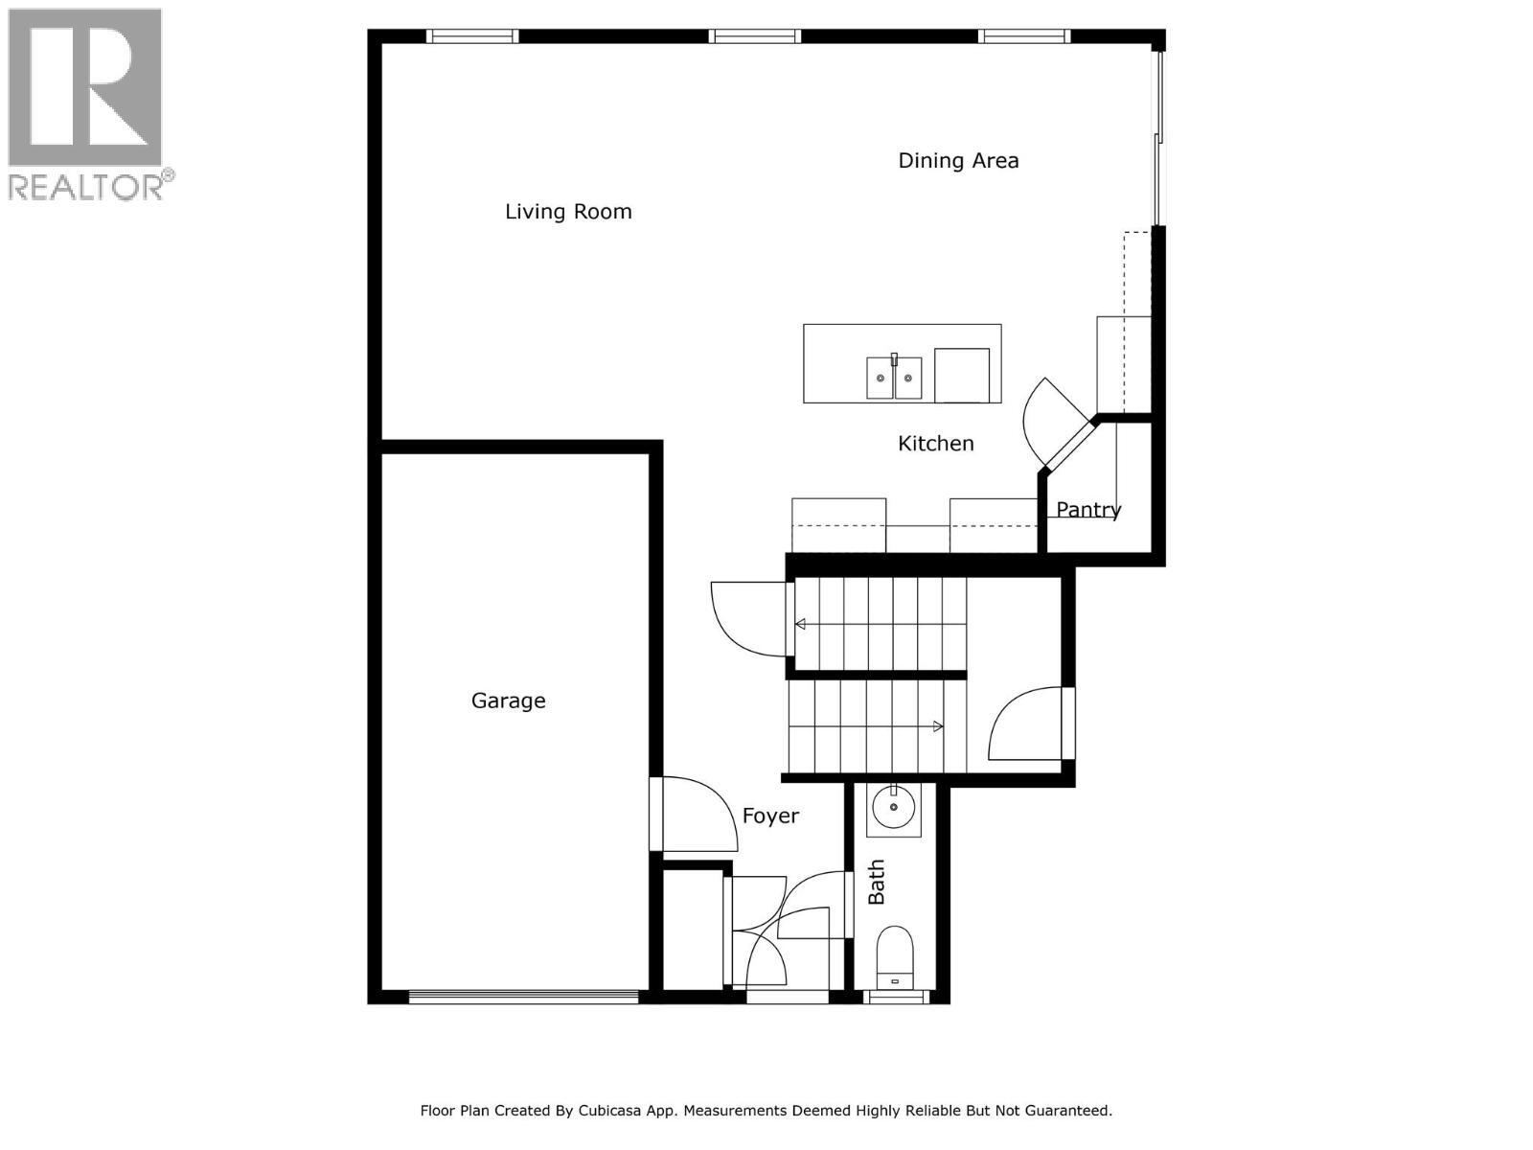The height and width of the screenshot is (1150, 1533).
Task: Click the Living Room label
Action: (568, 212)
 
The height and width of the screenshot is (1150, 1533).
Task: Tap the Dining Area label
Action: (957, 161)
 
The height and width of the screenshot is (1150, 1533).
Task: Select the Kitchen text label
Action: (935, 444)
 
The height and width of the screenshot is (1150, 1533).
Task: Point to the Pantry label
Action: (1088, 510)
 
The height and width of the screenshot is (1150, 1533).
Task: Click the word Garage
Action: (508, 701)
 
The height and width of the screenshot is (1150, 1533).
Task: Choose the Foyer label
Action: (770, 816)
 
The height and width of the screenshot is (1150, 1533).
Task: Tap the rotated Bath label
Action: (877, 882)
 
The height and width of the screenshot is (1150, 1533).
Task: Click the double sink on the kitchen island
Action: (894, 378)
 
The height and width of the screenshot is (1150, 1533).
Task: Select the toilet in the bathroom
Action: (896, 954)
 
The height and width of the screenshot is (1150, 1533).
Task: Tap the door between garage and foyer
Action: (657, 815)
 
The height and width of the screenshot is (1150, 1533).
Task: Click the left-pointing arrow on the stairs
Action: (800, 625)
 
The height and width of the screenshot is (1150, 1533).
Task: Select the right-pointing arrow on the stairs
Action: (938, 727)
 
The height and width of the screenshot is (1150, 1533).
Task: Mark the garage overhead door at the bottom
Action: (523, 997)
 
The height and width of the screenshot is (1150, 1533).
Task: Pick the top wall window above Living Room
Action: (471, 36)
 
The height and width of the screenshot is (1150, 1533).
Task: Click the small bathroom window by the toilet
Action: (896, 998)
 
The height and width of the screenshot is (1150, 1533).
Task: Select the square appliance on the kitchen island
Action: (961, 376)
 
